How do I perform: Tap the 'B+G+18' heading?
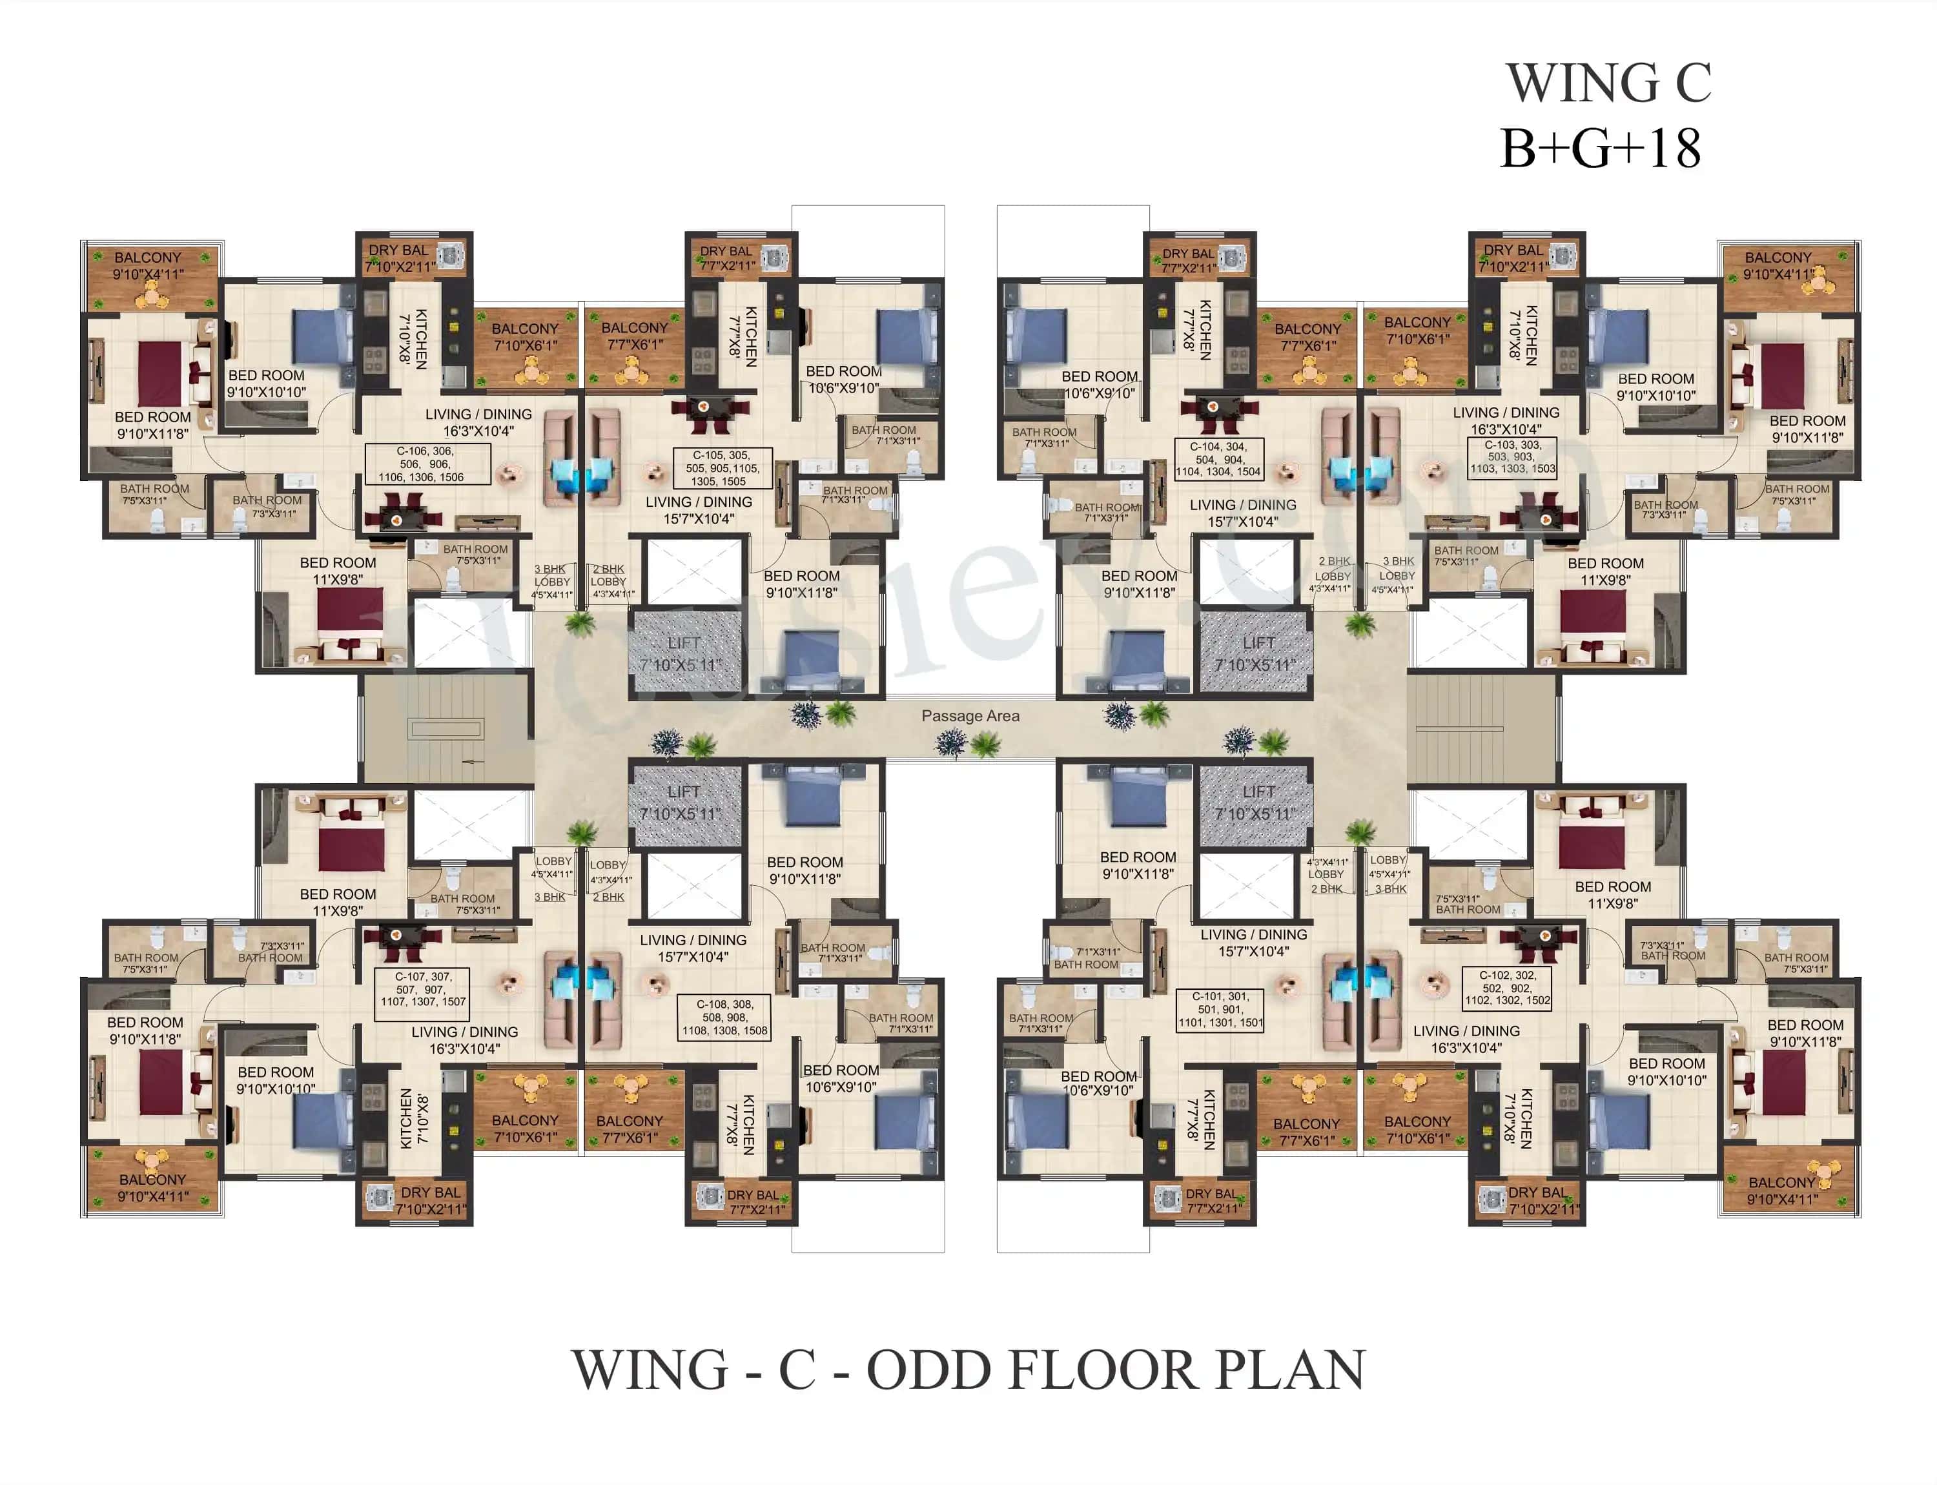1600,148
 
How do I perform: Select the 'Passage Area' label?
970,716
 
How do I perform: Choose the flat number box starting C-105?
723,469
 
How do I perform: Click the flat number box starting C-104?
1218,460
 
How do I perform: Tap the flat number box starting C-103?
1513,457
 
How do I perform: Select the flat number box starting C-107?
422,989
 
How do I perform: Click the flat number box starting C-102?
1508,988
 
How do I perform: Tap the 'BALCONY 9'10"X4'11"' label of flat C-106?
148,266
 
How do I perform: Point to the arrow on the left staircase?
474,761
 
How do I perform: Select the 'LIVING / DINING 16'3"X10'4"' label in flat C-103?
1506,421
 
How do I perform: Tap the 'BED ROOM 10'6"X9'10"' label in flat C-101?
1098,1083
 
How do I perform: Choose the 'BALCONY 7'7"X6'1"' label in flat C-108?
629,1129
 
